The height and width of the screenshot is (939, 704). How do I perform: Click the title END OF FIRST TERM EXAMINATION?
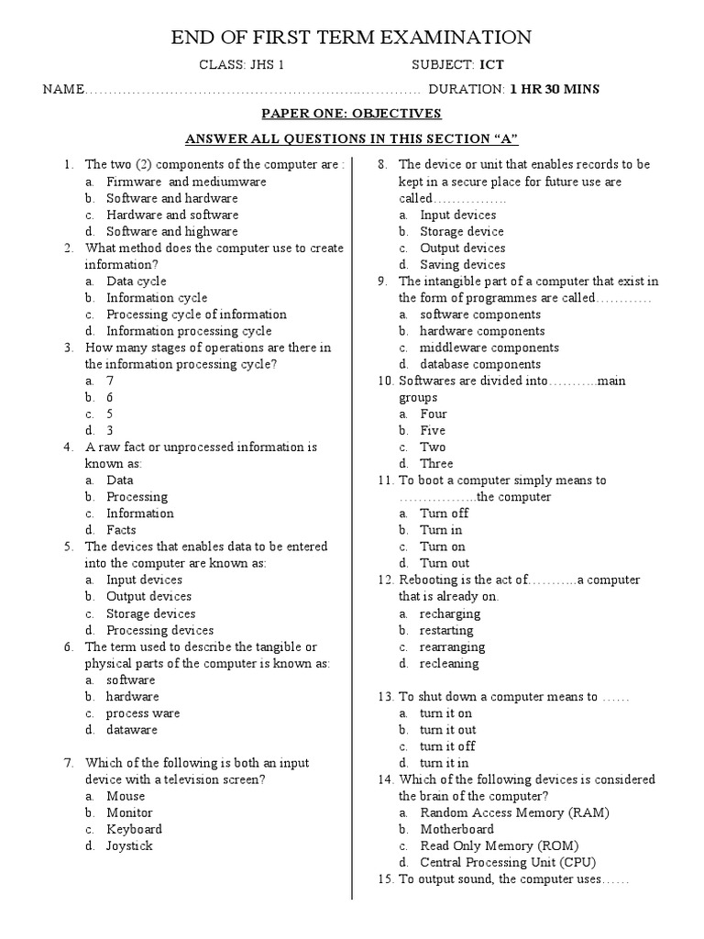351,37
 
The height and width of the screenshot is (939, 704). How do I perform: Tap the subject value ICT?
491,65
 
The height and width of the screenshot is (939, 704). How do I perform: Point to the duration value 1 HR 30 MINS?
555,89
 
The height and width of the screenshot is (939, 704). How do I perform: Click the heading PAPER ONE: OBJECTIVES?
352,114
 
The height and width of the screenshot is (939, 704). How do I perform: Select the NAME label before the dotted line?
62,90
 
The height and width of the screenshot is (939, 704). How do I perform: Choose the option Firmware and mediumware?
173,182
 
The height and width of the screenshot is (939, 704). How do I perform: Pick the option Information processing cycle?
189,331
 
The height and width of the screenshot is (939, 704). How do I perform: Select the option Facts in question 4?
121,530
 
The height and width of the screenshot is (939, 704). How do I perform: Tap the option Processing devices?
159,630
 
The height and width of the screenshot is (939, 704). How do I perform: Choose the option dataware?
132,730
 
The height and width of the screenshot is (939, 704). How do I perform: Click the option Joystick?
129,845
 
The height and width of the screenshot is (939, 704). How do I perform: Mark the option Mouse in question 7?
126,796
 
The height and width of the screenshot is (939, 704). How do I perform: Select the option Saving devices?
462,265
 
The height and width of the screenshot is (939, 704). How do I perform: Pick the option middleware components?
489,348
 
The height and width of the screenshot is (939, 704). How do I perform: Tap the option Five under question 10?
433,430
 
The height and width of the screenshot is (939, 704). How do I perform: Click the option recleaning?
449,663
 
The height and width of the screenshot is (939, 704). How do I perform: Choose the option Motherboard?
456,829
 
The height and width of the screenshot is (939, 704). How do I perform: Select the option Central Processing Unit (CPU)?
508,862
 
